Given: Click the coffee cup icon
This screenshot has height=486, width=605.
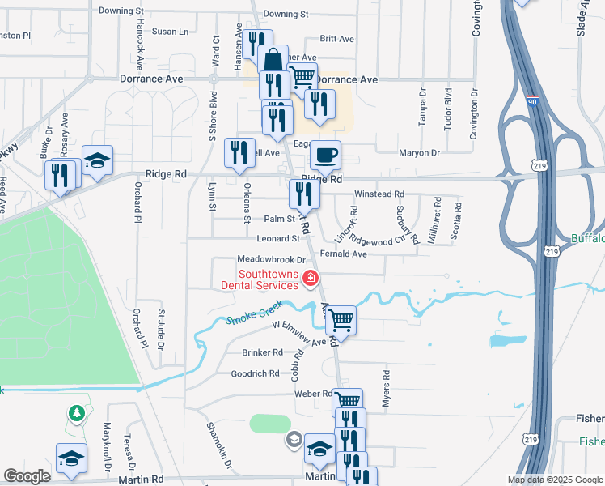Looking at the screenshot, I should [326, 154].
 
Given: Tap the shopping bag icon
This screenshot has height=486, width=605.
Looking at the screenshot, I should [273, 59].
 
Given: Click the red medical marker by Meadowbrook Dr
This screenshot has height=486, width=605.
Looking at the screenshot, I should [309, 279].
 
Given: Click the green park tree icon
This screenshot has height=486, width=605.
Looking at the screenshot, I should [77, 413].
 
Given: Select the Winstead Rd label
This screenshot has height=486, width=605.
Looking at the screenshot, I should [379, 194].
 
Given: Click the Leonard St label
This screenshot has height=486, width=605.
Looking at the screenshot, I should [278, 239].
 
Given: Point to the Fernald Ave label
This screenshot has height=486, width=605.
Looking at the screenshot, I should [344, 254].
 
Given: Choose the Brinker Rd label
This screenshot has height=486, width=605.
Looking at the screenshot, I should [262, 352].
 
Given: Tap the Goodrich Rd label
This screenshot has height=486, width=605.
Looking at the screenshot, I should [255, 373].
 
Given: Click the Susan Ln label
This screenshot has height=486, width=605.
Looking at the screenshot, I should [170, 32].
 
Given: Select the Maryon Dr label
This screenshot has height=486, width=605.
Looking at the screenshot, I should [419, 152].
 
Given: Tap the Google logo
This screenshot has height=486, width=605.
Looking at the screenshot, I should [27, 476].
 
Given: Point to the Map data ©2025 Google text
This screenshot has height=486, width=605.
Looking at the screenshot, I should [554, 480].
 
